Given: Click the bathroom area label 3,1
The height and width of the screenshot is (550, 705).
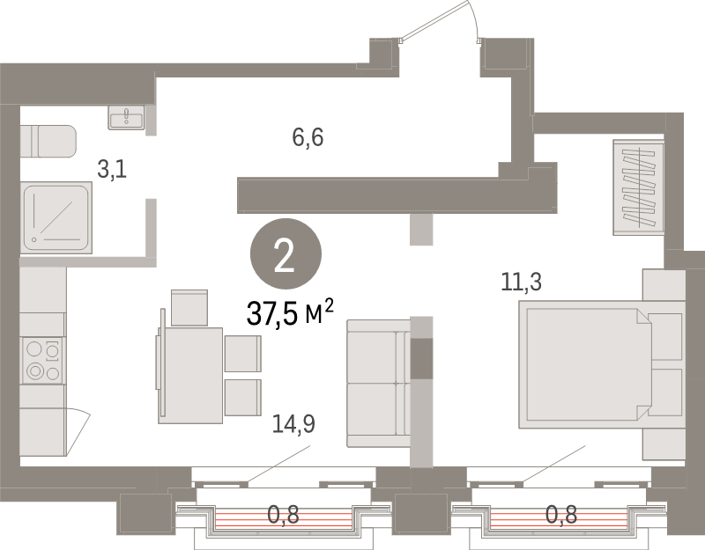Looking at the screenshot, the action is coord(112,170).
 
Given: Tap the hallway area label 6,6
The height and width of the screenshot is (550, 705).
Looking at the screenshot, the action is coord(308,137).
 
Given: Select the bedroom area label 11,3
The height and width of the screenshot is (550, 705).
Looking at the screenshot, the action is coord(521,282).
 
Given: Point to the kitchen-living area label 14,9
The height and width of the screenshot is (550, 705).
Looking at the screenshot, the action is coord(293,424).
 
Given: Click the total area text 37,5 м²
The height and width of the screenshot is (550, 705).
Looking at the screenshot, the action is coord(290,312).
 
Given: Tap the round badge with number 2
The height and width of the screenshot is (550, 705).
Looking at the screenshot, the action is coord(286,253).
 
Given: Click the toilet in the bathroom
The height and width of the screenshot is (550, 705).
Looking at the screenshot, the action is coord(48,142).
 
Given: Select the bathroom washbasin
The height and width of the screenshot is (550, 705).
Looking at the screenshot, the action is coord(126,118).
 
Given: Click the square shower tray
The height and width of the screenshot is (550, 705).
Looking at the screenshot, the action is coord(56,217).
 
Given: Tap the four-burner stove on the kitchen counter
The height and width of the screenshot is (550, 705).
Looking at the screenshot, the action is coord(42,361).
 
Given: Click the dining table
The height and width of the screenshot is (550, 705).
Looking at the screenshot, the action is coord(190,376).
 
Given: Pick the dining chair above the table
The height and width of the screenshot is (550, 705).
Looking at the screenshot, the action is coord(189,307).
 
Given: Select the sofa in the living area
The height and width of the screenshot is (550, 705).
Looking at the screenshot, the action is coord(379,383).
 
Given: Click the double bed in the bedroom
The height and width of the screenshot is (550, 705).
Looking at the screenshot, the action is coord(602,364).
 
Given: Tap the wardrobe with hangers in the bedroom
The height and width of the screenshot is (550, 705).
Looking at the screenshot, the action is coord(638,187).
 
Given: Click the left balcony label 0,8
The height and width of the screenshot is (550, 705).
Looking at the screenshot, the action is coord(283,515).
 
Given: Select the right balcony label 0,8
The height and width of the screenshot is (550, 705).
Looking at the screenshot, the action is coord(561,515).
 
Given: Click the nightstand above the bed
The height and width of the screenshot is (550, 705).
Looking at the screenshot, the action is coord(664,284).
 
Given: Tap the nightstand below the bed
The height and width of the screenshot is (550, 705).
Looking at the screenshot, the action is coord(664,444).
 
